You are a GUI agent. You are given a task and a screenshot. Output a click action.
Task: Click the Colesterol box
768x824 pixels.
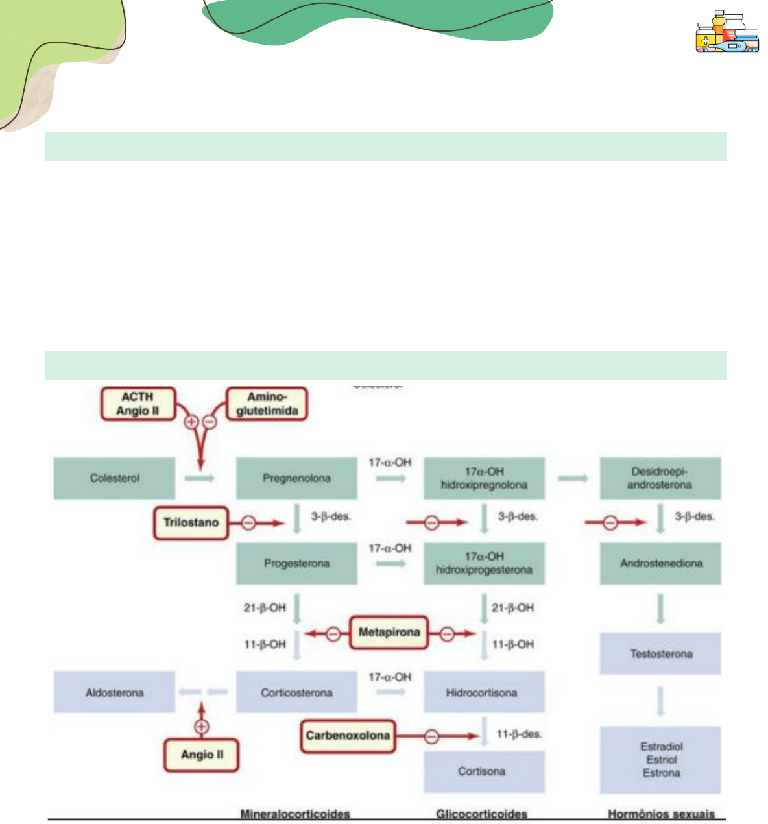click(114, 478)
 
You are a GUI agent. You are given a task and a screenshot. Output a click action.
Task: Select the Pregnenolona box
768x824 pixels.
click(296, 478)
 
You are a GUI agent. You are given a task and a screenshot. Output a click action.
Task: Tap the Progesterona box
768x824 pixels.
click(296, 563)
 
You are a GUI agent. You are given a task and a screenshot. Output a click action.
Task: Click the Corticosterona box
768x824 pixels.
click(296, 692)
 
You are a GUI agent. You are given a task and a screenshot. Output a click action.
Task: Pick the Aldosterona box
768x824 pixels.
click(114, 692)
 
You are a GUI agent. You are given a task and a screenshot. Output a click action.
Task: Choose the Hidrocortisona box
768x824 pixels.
click(483, 692)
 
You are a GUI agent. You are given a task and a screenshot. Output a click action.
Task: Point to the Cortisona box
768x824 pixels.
click(483, 771)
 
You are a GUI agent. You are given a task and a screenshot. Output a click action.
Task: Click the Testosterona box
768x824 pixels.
click(660, 653)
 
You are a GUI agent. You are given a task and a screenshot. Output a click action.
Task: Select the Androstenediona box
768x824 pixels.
click(660, 563)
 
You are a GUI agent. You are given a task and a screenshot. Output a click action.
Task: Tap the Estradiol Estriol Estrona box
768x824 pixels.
click(660, 760)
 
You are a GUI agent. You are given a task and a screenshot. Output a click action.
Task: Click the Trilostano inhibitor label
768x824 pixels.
click(191, 523)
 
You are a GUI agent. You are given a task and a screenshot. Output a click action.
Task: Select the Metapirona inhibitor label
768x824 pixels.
click(389, 633)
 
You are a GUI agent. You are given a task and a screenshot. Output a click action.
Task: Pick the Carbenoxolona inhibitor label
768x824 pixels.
click(348, 736)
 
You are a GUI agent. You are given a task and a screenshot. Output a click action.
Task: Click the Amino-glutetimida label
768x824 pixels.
click(267, 404)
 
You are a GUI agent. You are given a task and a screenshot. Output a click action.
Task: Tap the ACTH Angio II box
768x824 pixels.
click(138, 404)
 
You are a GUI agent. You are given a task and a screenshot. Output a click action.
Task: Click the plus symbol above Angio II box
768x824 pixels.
click(202, 727)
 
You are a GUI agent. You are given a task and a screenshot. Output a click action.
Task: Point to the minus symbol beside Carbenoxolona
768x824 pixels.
click(431, 736)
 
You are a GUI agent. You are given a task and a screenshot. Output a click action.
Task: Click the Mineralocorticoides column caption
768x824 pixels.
click(295, 814)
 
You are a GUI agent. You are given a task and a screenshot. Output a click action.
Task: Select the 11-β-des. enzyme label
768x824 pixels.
click(519, 734)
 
